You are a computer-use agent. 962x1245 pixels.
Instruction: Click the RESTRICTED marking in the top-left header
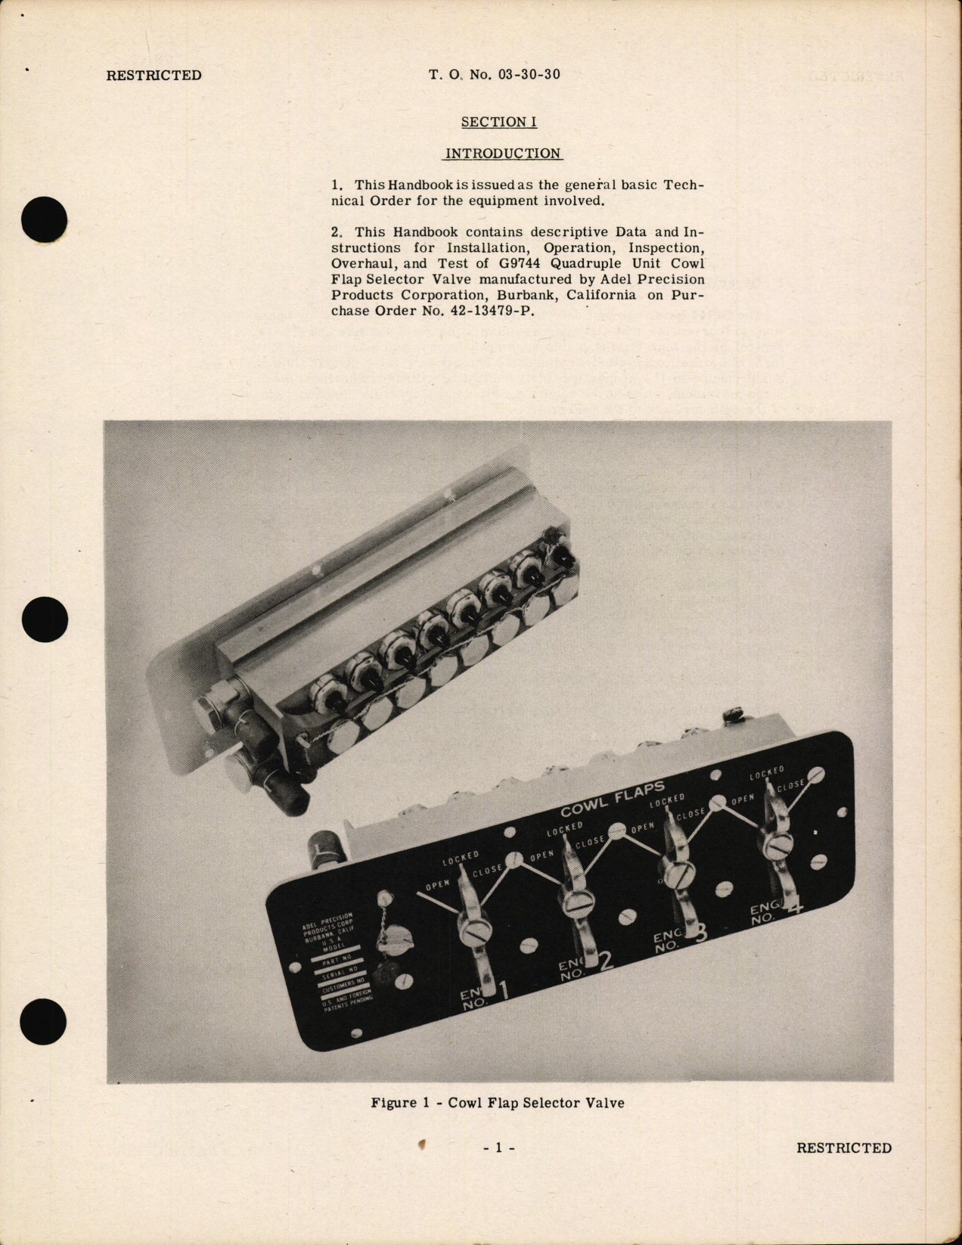(x=154, y=75)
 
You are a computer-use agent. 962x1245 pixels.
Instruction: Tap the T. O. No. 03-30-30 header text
(x=495, y=75)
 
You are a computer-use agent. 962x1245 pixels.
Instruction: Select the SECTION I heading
(x=494, y=122)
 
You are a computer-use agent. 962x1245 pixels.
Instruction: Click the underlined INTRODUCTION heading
(x=503, y=154)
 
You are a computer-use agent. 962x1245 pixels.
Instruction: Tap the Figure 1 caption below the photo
(x=498, y=1103)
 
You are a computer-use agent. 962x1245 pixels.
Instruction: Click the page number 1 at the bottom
(x=498, y=1148)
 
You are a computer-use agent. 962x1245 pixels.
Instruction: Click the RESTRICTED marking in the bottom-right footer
(x=843, y=1148)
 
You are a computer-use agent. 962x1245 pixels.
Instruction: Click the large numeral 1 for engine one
(x=504, y=992)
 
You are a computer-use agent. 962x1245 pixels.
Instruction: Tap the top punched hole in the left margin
(x=45, y=220)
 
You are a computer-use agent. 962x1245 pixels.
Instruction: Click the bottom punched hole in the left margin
(x=45, y=1022)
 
